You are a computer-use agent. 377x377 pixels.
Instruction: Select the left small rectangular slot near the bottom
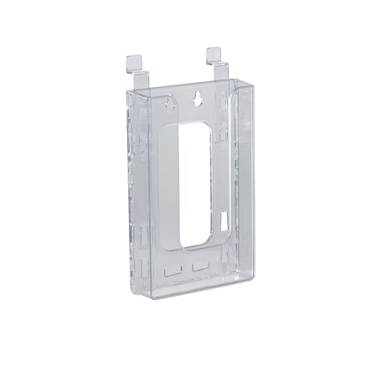tap(172, 271)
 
